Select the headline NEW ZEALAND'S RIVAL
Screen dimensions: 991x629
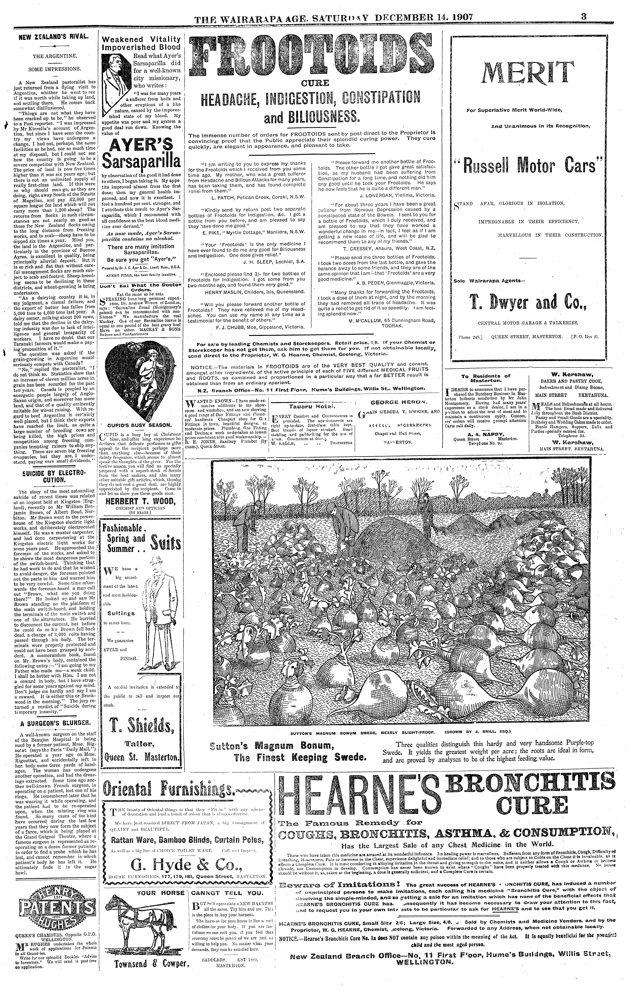55,36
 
